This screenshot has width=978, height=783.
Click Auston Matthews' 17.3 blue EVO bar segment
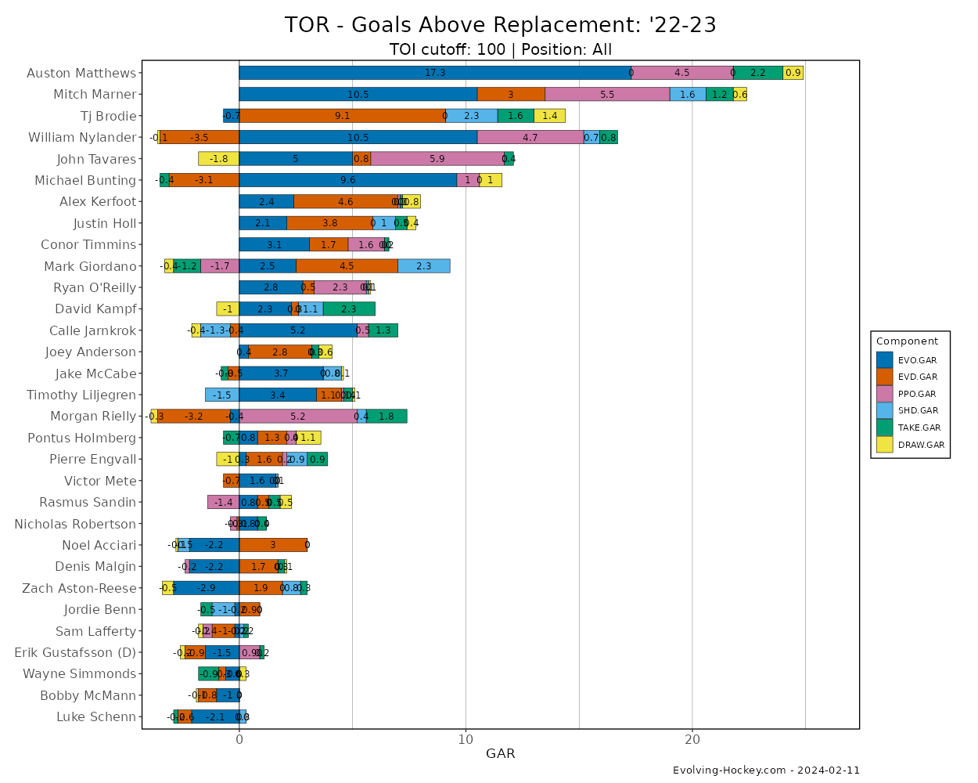(435, 73)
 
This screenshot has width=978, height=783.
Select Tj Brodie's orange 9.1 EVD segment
(342, 116)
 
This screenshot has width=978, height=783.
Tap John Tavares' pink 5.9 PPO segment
(437, 159)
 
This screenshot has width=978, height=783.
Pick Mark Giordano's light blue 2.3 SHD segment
(423, 266)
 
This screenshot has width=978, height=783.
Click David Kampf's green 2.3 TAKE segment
(349, 309)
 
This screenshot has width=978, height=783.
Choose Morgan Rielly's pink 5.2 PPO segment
(298, 416)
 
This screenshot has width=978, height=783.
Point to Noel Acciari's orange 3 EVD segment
(273, 545)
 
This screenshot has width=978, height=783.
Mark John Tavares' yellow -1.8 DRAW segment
(218, 159)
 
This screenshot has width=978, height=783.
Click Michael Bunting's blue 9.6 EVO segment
(347, 180)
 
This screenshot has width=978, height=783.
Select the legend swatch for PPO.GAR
(885, 394)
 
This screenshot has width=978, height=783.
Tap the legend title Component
(907, 341)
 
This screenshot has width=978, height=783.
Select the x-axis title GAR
(501, 754)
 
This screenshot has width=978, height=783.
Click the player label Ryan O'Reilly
(95, 287)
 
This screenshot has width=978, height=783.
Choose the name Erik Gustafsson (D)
(75, 652)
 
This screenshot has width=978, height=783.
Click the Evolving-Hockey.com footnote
(766, 770)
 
